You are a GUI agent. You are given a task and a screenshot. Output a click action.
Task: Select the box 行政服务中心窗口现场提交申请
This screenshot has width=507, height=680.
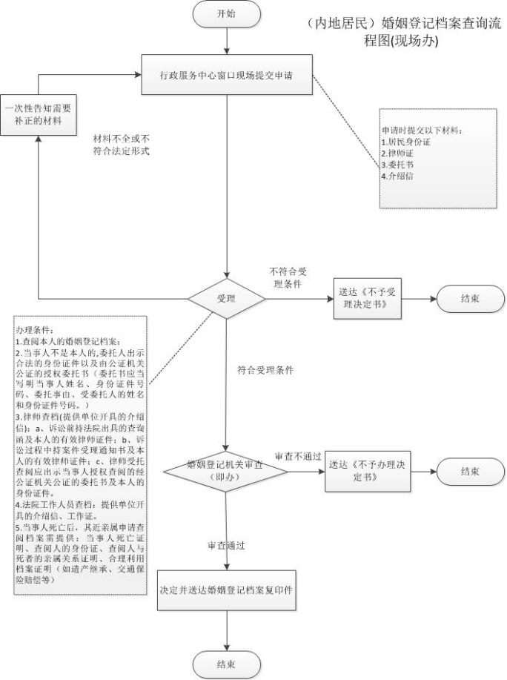[x=226, y=74]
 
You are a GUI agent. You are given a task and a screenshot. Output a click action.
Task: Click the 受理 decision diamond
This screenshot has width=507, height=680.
[x=226, y=299]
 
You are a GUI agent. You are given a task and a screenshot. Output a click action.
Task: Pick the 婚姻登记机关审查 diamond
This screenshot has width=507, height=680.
[x=226, y=470]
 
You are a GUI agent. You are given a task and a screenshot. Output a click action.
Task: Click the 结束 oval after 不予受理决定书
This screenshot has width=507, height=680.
[x=469, y=299]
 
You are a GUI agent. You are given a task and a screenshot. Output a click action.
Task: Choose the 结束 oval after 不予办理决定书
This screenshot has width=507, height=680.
[x=469, y=470]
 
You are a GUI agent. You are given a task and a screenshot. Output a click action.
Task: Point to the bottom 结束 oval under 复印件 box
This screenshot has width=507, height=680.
[x=226, y=664]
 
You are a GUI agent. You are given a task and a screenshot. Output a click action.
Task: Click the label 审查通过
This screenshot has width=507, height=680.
[x=227, y=545]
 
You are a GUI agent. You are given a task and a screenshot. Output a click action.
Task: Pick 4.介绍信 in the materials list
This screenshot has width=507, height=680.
[x=399, y=176]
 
